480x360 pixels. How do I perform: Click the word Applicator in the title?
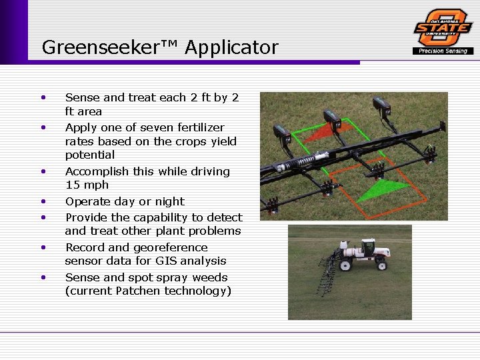pos(232,47)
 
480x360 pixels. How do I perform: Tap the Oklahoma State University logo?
pos(443,28)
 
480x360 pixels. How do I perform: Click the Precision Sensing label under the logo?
pos(443,51)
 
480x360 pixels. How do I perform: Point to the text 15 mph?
pos(87,185)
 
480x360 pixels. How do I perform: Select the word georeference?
pos(171,247)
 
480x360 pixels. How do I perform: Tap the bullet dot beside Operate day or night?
pos(43,201)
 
